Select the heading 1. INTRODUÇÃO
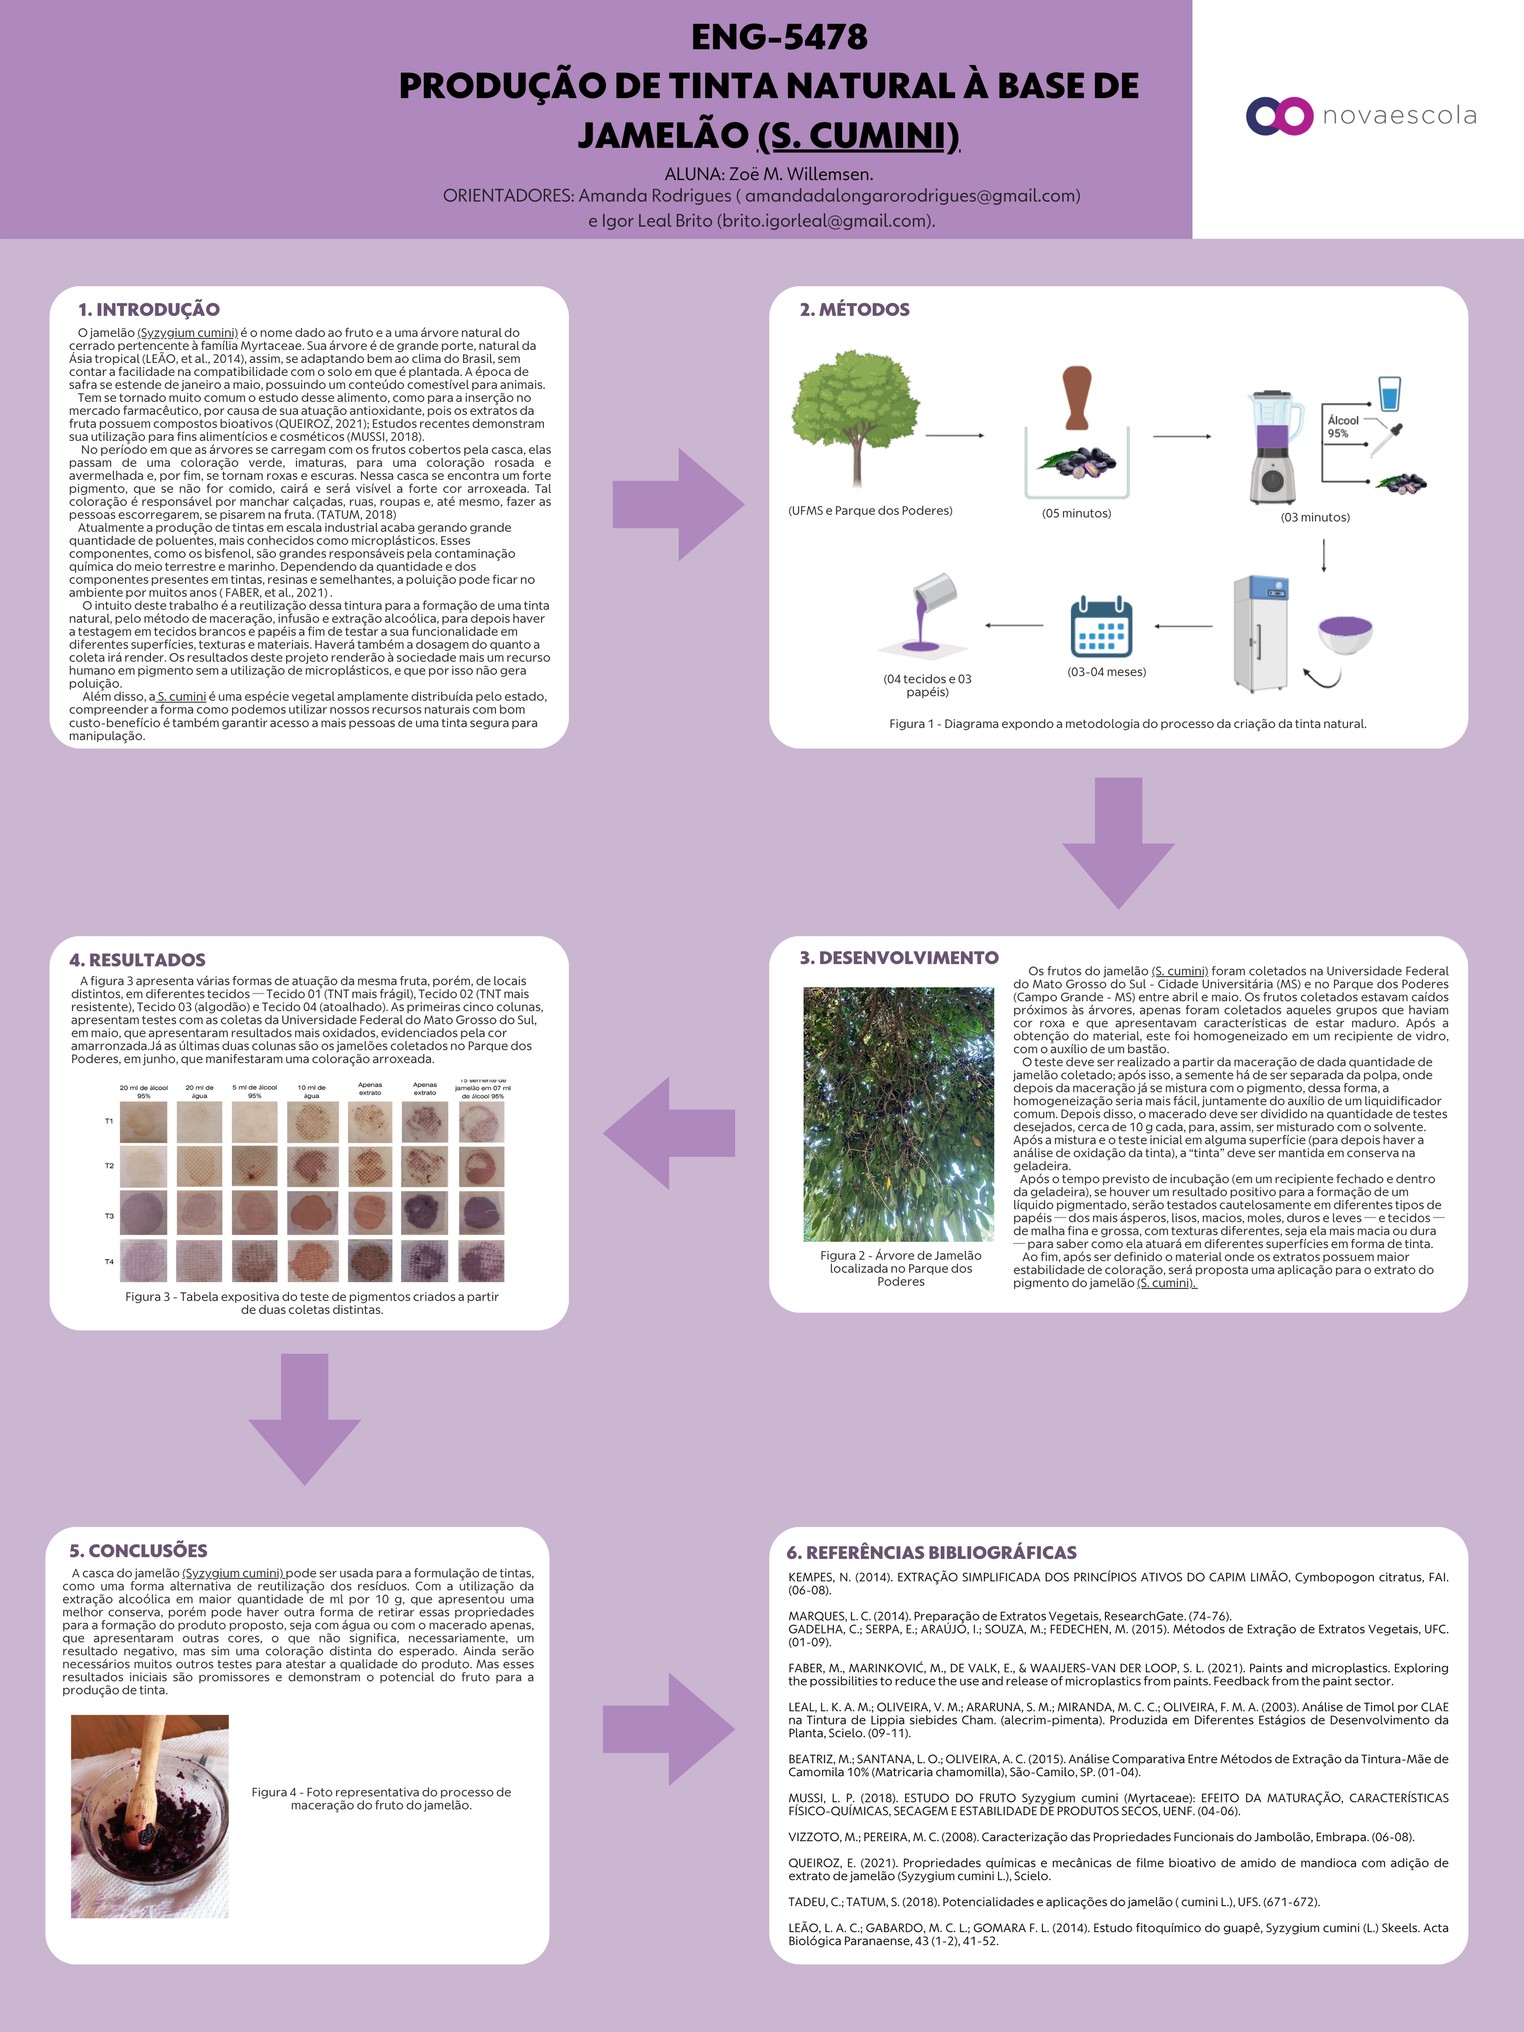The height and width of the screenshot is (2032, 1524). [149, 310]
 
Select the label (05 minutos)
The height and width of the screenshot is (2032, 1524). [1076, 513]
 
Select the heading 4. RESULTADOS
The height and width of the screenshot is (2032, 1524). [138, 960]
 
